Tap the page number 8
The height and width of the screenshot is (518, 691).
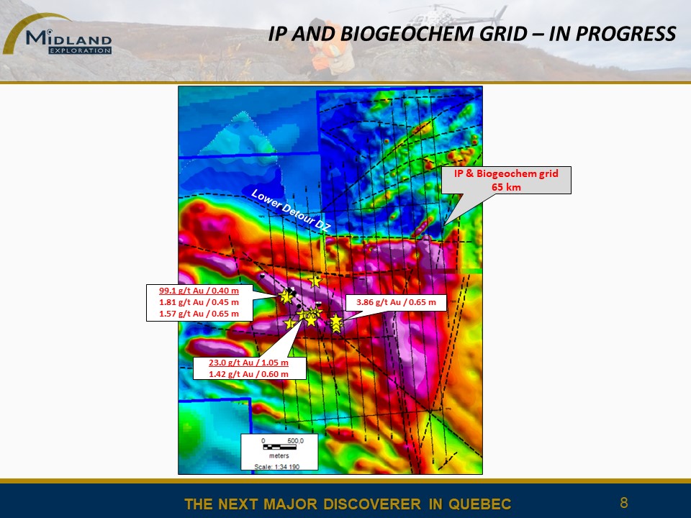tap(623, 503)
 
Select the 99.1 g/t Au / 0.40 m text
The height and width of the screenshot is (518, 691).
tap(199, 291)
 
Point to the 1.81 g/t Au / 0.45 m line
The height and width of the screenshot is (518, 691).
tap(199, 302)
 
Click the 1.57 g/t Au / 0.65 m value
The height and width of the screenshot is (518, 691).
tap(199, 314)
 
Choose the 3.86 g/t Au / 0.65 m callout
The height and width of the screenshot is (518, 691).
tap(396, 302)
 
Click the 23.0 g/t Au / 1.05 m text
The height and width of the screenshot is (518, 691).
tap(248, 363)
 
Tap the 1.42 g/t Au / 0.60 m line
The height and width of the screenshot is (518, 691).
tap(248, 374)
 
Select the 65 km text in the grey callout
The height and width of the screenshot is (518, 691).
tap(506, 187)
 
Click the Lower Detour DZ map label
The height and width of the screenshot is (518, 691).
tap(290, 211)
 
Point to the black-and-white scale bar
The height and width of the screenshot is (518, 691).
tap(279, 447)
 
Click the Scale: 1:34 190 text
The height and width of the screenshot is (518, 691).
tap(278, 466)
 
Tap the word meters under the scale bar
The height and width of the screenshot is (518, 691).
tap(279, 456)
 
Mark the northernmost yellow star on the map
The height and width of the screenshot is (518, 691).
tap(315, 281)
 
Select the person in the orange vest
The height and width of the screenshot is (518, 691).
tap(328, 47)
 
